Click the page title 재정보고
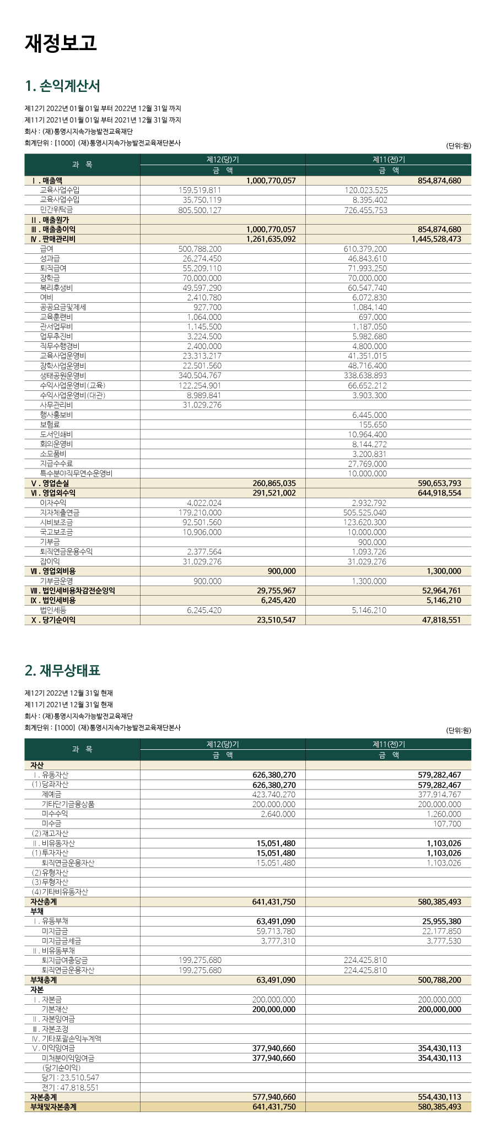(61, 43)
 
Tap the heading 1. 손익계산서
(62, 86)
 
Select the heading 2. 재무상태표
(62, 671)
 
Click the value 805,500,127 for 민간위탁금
(200, 210)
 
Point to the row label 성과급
(50, 259)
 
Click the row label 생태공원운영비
(63, 375)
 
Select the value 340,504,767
(200, 375)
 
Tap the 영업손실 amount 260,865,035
(274, 483)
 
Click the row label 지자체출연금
(60, 513)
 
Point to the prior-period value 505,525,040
(365, 513)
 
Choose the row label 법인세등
(53, 610)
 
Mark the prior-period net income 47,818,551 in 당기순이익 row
(439, 620)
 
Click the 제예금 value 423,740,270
(274, 794)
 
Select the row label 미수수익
(55, 814)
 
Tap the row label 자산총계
(44, 902)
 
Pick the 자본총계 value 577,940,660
(274, 1097)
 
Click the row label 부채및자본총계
(53, 1107)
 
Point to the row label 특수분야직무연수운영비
(76, 473)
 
